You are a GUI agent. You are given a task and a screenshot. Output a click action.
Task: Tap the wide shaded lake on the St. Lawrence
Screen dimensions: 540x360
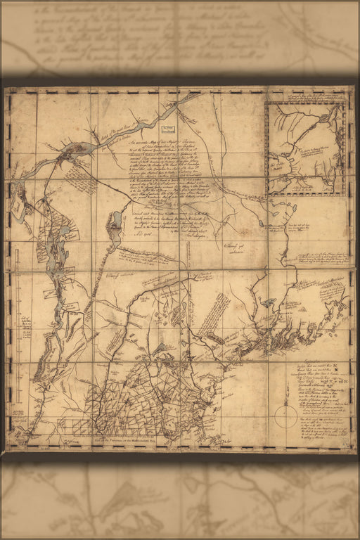pos(79,149)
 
